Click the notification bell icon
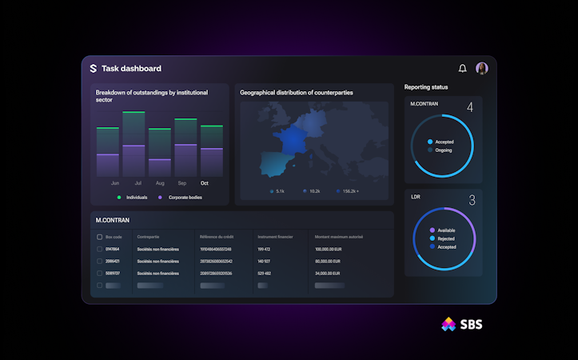462,69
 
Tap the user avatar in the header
482,69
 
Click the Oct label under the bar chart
205,183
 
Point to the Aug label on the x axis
161,183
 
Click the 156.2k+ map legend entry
348,191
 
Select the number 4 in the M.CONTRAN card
470,107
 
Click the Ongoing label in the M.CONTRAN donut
444,150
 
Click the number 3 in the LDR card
472,200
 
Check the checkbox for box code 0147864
99,249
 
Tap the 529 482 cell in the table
265,273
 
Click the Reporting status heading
426,87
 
